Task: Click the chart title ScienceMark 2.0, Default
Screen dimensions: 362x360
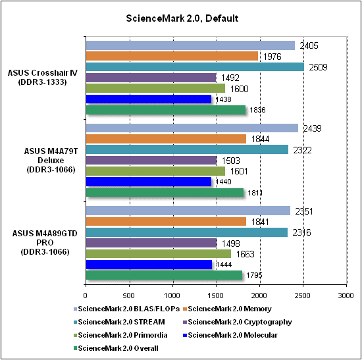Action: (x=182, y=18)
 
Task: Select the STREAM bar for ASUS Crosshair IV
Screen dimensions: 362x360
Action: (x=195, y=66)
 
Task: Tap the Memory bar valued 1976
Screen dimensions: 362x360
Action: (x=172, y=56)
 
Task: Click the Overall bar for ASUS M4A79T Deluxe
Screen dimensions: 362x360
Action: (x=165, y=193)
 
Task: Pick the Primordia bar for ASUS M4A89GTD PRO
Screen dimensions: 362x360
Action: (x=159, y=253)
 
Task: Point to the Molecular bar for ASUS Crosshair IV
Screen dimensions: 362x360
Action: (x=149, y=99)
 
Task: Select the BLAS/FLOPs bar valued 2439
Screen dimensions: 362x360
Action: (x=192, y=128)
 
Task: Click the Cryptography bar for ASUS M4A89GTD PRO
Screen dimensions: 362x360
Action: (x=151, y=243)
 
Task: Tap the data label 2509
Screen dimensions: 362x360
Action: (x=318, y=67)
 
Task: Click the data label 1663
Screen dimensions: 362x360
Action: (x=246, y=254)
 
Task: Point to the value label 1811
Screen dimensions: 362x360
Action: (x=255, y=193)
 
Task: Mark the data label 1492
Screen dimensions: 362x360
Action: (x=230, y=78)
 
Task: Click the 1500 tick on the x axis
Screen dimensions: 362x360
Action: (x=216, y=296)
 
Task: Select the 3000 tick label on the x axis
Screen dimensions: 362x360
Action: (x=346, y=296)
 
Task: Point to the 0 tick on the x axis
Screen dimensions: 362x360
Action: (x=86, y=296)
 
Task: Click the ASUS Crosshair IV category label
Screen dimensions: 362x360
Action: (x=43, y=78)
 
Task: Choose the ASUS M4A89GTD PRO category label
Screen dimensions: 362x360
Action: (x=45, y=242)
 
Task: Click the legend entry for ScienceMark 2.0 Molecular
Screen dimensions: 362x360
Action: (x=230, y=335)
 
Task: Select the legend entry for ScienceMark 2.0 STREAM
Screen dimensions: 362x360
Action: (x=119, y=322)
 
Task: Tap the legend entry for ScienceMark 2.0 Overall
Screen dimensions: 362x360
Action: (x=116, y=348)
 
